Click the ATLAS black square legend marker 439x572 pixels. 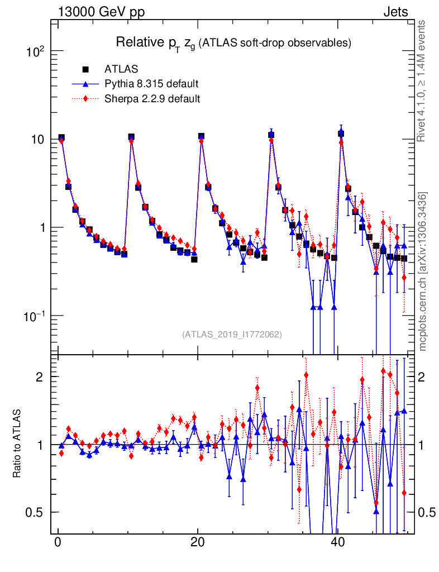(86, 69)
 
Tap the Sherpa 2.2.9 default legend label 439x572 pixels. (152, 98)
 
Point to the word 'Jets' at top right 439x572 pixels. (395, 12)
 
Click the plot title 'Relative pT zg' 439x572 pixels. (156, 43)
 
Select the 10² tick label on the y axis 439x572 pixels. (36, 51)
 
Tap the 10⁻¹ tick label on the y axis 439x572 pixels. (35, 316)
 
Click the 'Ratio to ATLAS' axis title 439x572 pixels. (18, 444)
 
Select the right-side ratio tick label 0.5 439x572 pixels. (427, 512)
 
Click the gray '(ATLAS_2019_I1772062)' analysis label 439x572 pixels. (232, 335)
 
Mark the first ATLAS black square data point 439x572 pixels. (61, 138)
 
